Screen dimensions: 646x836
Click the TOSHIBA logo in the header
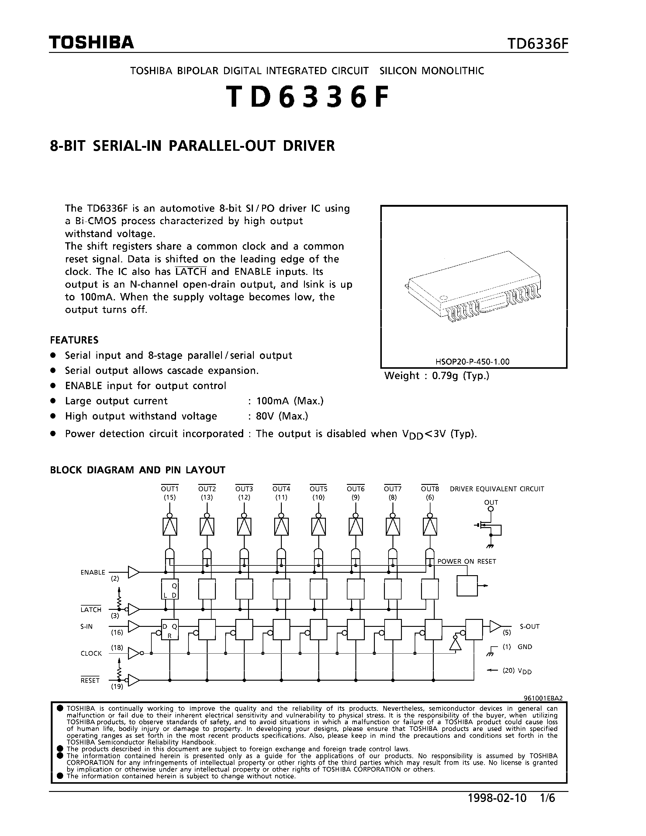[92, 43]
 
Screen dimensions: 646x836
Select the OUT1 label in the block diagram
[170, 489]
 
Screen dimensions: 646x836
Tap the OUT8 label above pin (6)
[430, 489]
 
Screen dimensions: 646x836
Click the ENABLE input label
[93, 572]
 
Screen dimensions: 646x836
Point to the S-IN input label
[87, 627]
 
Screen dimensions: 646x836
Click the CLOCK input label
[91, 653]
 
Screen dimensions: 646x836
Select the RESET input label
[90, 680]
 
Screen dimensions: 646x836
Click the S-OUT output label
[529, 627]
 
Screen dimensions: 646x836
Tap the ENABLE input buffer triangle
[133, 572]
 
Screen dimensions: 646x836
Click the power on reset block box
[467, 586]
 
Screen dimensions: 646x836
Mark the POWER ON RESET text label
[467, 561]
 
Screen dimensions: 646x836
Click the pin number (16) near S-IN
[117, 633]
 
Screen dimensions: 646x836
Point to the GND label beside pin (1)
[525, 647]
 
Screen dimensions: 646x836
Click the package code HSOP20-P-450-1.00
[472, 361]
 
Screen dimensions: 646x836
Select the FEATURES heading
[74, 340]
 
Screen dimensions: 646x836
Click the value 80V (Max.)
[282, 416]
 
